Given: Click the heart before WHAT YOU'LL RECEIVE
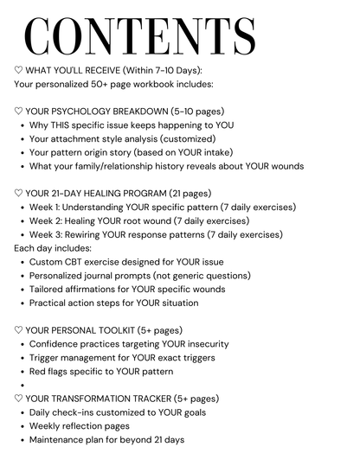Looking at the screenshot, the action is coord(19,71).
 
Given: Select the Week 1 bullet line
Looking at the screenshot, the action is coord(162,207).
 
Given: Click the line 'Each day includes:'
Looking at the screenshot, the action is coord(53,248).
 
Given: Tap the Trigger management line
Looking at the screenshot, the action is coord(122,358).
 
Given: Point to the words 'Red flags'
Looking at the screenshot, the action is coord(52,372).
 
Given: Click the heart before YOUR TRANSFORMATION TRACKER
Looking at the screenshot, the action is coord(19,399).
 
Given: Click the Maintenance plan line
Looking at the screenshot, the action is coord(106,440).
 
